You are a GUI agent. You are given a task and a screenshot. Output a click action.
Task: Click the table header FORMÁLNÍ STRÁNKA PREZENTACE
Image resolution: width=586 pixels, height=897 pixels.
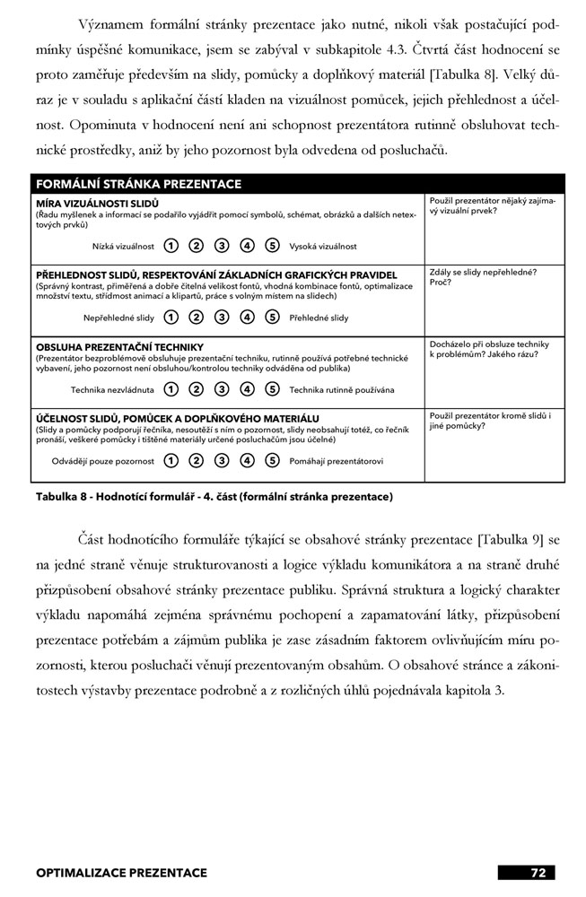138,184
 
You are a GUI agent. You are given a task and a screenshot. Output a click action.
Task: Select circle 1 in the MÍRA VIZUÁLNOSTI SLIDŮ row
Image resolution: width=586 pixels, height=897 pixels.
171,246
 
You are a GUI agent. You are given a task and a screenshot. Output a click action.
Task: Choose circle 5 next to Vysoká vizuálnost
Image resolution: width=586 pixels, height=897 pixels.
273,246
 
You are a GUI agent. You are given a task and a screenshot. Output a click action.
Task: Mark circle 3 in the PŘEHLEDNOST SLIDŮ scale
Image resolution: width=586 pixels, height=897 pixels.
222,318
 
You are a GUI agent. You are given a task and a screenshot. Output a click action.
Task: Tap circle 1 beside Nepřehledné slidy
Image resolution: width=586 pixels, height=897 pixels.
171,318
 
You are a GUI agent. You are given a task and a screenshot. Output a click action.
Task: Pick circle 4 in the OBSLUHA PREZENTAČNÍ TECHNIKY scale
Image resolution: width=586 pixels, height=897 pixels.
248,390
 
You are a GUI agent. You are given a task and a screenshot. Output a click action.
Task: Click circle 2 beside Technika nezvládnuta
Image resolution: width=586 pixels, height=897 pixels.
197,390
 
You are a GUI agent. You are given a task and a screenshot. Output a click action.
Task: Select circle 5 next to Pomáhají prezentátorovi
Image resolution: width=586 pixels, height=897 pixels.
273,461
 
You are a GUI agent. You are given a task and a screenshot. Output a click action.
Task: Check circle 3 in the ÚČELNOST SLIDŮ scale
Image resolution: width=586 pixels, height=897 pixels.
222,461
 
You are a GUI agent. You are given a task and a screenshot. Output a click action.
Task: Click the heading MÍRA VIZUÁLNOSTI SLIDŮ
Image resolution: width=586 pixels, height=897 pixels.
97,203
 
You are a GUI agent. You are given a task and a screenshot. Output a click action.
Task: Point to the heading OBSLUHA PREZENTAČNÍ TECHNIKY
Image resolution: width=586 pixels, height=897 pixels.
119,347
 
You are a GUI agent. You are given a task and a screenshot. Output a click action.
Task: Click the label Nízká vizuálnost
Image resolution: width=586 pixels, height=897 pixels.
123,246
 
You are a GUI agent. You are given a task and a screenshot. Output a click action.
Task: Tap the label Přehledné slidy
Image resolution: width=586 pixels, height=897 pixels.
319,318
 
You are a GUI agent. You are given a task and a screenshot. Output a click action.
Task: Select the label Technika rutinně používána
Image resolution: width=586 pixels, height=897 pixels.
341,390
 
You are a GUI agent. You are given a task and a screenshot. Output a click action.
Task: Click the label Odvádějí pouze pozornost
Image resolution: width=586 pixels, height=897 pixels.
103,461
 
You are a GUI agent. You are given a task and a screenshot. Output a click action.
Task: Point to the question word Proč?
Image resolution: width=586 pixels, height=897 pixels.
441,282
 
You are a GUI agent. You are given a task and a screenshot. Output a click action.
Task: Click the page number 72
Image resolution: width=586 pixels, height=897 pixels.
538,872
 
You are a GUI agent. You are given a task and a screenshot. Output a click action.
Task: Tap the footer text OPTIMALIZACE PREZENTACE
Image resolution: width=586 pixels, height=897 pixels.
121,872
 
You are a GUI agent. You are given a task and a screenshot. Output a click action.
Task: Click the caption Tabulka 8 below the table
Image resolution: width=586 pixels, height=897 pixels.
214,496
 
